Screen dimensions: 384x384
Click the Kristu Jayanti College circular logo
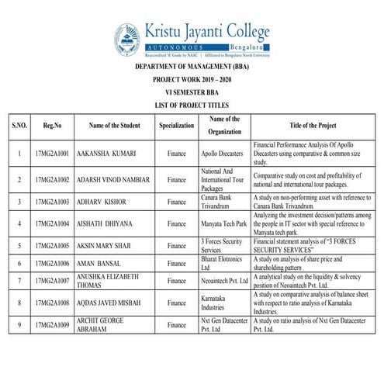click(x=128, y=37)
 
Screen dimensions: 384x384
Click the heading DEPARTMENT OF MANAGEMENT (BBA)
click(x=192, y=68)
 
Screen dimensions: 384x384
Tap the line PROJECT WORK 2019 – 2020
click(x=192, y=80)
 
